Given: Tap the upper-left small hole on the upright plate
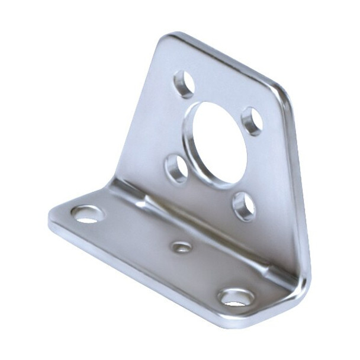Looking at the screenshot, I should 184,83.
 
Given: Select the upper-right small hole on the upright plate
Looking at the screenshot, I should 253,121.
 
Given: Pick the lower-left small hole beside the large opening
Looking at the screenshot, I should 176,168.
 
